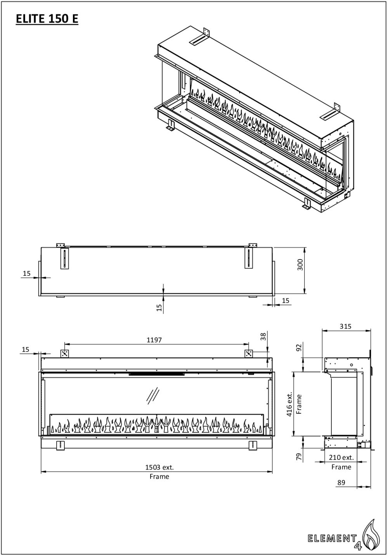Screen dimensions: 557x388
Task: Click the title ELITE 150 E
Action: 47,19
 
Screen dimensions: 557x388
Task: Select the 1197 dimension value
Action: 154,340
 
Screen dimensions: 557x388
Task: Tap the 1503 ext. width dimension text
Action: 159,468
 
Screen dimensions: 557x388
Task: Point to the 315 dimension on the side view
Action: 345,326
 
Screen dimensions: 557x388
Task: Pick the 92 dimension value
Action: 299,346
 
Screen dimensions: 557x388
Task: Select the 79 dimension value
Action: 299,457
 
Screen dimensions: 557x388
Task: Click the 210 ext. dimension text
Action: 341,458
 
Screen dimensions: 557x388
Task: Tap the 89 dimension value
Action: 341,482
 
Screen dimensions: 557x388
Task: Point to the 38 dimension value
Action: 264,336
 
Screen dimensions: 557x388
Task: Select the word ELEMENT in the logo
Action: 332,538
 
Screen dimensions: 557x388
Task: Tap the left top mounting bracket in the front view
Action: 64,353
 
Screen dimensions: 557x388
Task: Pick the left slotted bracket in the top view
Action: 64,258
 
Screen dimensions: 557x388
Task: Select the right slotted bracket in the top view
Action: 249,258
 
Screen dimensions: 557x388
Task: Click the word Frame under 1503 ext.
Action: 159,477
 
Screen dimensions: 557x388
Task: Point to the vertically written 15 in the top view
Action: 159,307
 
